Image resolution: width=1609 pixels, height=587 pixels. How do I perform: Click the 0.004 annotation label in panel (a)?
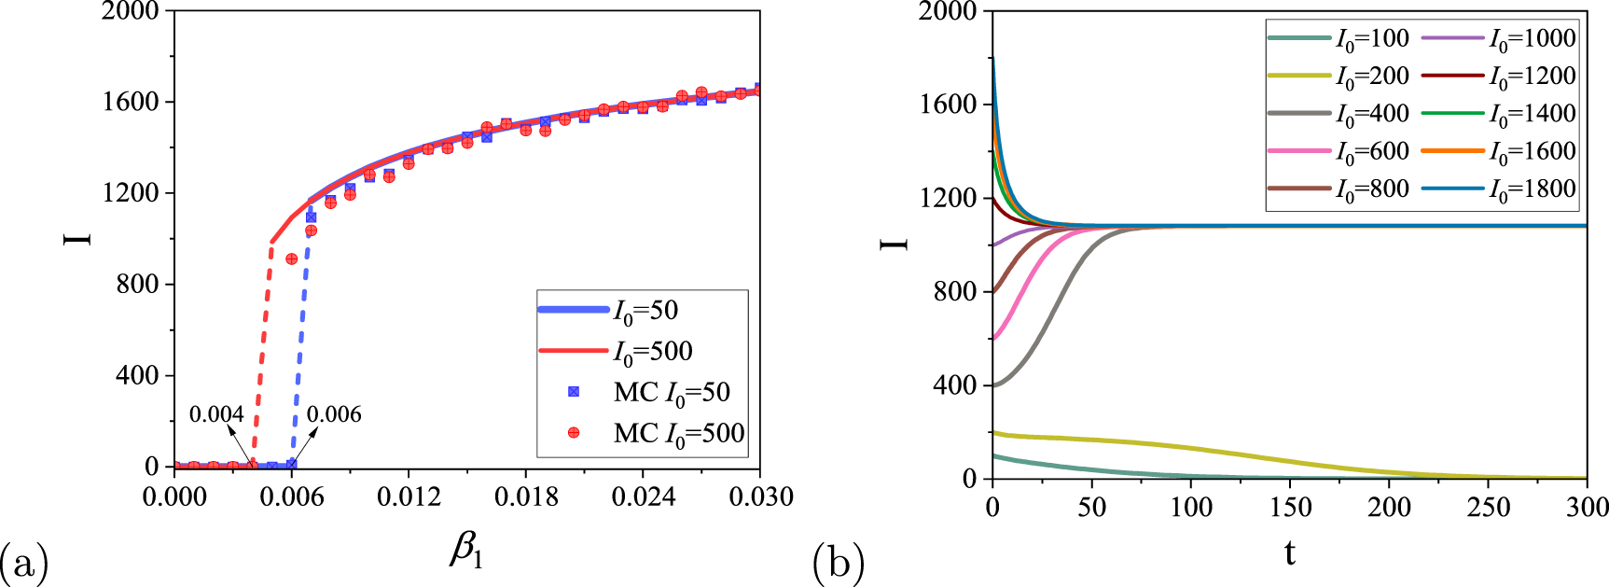215,414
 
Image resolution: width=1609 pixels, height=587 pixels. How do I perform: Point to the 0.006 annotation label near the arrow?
334,414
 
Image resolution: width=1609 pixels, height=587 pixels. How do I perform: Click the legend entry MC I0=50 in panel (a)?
672,392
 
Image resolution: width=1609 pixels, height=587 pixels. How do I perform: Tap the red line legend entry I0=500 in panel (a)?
652,352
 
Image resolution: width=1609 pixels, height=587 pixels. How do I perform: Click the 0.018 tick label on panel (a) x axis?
526,496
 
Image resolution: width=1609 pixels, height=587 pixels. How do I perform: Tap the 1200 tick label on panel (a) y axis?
131,193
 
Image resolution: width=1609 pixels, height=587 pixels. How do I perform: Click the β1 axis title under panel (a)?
466,551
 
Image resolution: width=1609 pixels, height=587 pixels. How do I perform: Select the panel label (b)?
839,564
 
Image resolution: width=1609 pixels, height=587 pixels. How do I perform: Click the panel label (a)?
23,564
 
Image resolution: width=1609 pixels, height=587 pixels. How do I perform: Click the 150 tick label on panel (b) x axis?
1289,508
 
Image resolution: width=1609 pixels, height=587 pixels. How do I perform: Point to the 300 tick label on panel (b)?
1585,508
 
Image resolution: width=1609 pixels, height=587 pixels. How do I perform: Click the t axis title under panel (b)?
1289,553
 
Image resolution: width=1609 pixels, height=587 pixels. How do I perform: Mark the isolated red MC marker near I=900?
292,259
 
